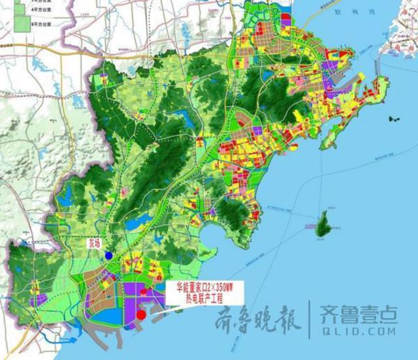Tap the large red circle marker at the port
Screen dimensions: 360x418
click(141, 314)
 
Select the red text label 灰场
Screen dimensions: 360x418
click(95, 242)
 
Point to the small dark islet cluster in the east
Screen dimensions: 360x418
click(393, 120)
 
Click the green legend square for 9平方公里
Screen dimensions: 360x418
click(23, 23)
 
